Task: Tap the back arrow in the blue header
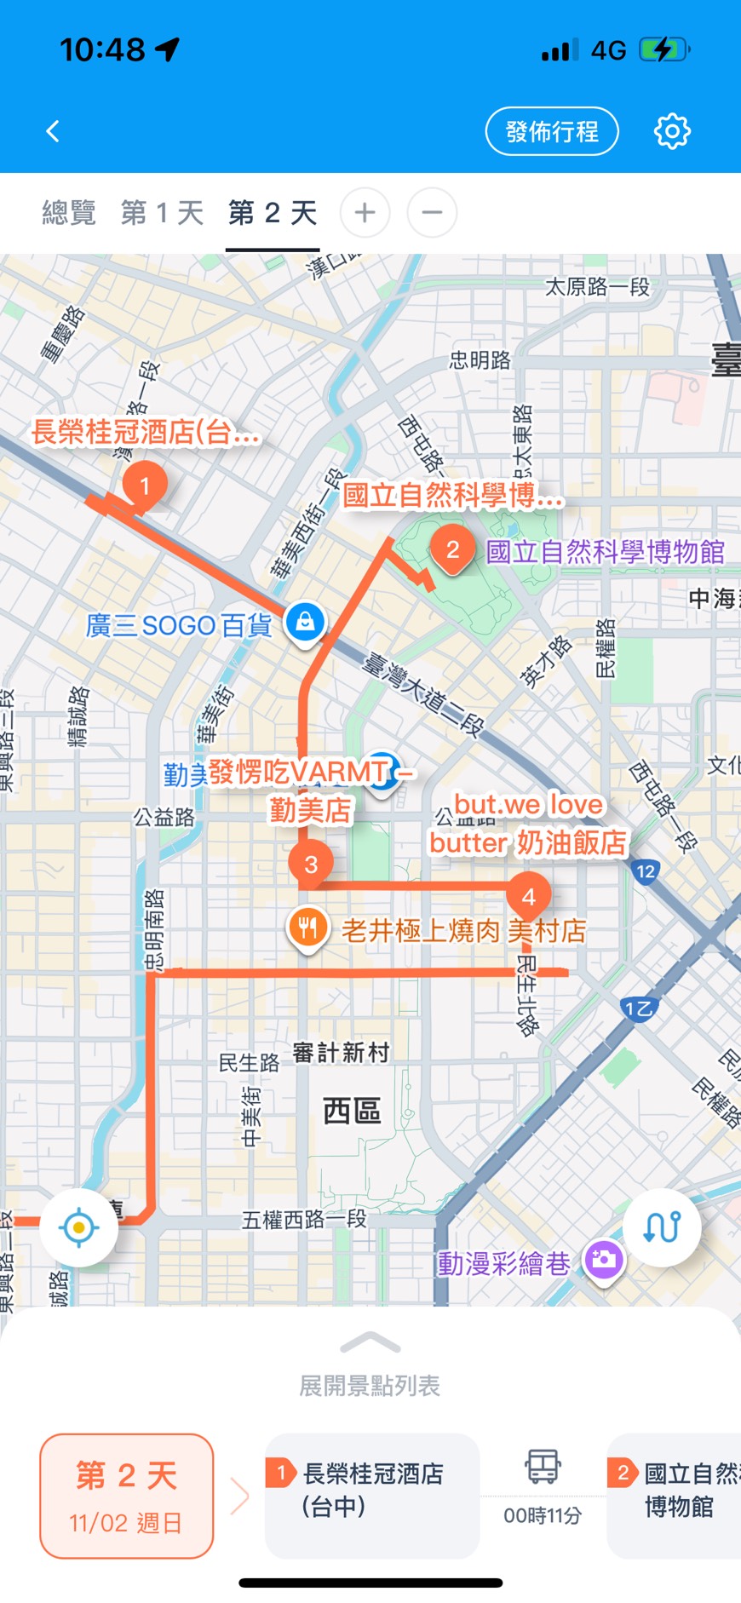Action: point(53,131)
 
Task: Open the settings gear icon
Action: point(672,131)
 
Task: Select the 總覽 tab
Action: point(69,212)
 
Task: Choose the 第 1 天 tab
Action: point(162,212)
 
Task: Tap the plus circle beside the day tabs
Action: point(365,212)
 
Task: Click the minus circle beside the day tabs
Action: point(432,212)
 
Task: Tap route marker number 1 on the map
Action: point(145,485)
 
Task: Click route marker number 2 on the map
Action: point(453,549)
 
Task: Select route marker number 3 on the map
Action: point(311,865)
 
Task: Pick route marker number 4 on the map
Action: point(528,897)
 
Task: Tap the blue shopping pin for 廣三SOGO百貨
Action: point(305,622)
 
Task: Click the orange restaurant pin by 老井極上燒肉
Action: point(308,928)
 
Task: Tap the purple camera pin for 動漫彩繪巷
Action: point(604,1259)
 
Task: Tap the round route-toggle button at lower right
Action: point(662,1227)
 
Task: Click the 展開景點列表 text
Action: point(370,1386)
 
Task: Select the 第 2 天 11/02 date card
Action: point(126,1496)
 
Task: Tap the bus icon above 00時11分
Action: point(543,1467)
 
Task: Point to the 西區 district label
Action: point(352,1111)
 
